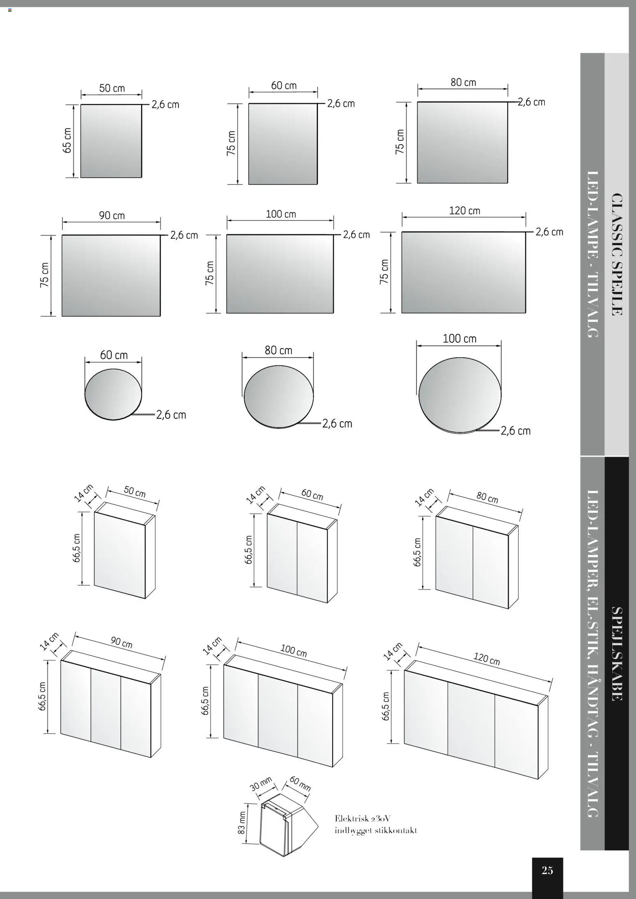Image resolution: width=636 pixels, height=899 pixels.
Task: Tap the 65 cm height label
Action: point(67,140)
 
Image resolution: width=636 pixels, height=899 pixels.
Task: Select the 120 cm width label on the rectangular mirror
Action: point(464,211)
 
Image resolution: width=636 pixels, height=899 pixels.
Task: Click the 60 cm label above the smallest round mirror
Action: point(114,355)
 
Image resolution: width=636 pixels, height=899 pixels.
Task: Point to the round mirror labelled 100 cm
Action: point(460,394)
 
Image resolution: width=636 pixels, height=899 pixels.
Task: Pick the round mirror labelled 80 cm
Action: point(279,396)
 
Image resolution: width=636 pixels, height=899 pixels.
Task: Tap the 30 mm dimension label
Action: point(261,784)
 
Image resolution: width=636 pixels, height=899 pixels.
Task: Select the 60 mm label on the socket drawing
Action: point(300,783)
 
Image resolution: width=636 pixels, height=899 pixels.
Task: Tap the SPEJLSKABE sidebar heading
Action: point(617,653)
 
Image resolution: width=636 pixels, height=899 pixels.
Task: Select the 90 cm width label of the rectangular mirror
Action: point(112,216)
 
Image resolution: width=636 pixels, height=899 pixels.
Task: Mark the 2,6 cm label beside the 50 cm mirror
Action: point(165,105)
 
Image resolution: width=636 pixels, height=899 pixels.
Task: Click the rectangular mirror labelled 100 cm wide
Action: point(280,274)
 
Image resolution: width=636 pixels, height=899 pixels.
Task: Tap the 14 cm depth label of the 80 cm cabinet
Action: point(424,497)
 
